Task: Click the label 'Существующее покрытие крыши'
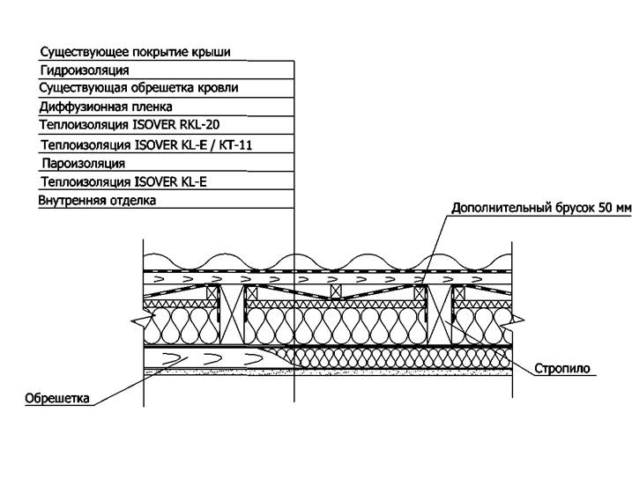point(135,52)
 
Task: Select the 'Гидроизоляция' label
point(85,70)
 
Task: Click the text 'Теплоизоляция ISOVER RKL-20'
point(130,125)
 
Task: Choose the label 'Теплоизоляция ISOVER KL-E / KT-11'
point(146,144)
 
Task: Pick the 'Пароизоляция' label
point(83,163)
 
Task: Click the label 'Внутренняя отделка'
point(97,201)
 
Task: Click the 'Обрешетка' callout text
point(58,399)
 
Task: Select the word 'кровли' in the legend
point(219,88)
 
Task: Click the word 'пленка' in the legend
point(162,107)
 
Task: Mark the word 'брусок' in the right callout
point(573,209)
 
